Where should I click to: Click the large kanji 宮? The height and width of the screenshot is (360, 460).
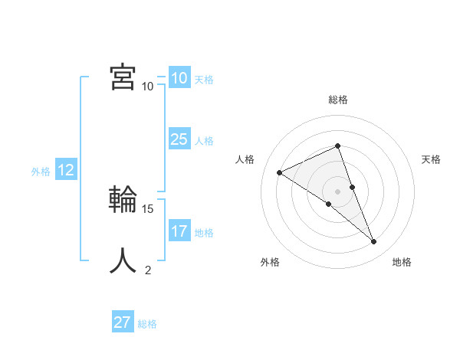(x=123, y=77)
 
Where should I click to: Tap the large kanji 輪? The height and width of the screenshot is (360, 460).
(x=123, y=200)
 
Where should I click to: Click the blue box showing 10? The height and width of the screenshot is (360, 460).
(x=179, y=78)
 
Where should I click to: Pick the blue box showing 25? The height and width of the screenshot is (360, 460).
(x=179, y=139)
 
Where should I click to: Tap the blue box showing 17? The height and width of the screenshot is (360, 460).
(x=179, y=231)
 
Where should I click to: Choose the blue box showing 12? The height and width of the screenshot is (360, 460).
(x=65, y=170)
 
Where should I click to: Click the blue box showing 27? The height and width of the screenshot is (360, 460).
(x=123, y=322)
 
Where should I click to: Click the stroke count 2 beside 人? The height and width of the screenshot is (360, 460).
(x=148, y=270)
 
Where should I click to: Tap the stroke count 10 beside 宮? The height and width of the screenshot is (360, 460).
(x=148, y=86)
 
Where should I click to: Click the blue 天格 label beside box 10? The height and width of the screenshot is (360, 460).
(x=204, y=80)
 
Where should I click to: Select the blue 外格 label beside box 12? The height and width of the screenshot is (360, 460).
(x=41, y=172)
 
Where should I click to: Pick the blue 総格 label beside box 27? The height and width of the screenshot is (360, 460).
(x=147, y=324)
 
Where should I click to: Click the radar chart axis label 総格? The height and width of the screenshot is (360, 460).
(x=338, y=100)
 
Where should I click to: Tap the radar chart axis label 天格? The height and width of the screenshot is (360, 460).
(x=431, y=159)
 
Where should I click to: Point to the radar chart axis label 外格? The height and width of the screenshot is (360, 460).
(x=270, y=262)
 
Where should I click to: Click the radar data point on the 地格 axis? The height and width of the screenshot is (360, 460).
(x=374, y=242)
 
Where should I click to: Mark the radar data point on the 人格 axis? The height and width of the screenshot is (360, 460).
(x=280, y=172)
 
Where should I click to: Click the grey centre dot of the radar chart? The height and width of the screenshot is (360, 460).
(x=338, y=191)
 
